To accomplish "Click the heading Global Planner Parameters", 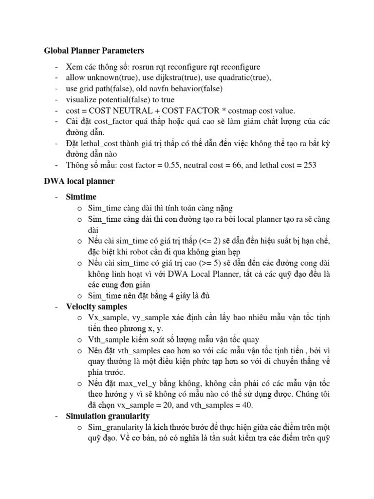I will click(94, 50).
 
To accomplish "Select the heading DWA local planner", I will click(79, 181).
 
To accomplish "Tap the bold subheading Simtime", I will click(81, 197).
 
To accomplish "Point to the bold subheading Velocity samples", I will click(96, 307).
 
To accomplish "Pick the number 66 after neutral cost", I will click(250, 165).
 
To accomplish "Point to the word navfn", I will click(165, 89).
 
